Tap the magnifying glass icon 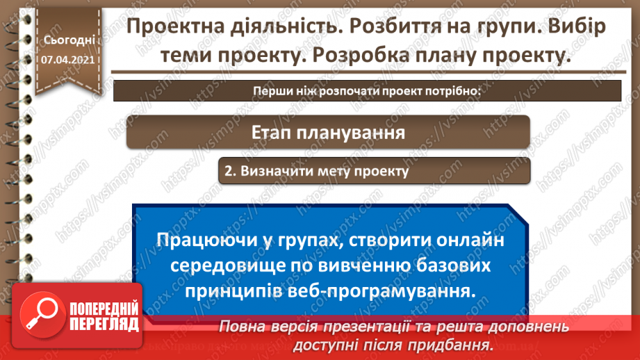(x=40, y=313)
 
